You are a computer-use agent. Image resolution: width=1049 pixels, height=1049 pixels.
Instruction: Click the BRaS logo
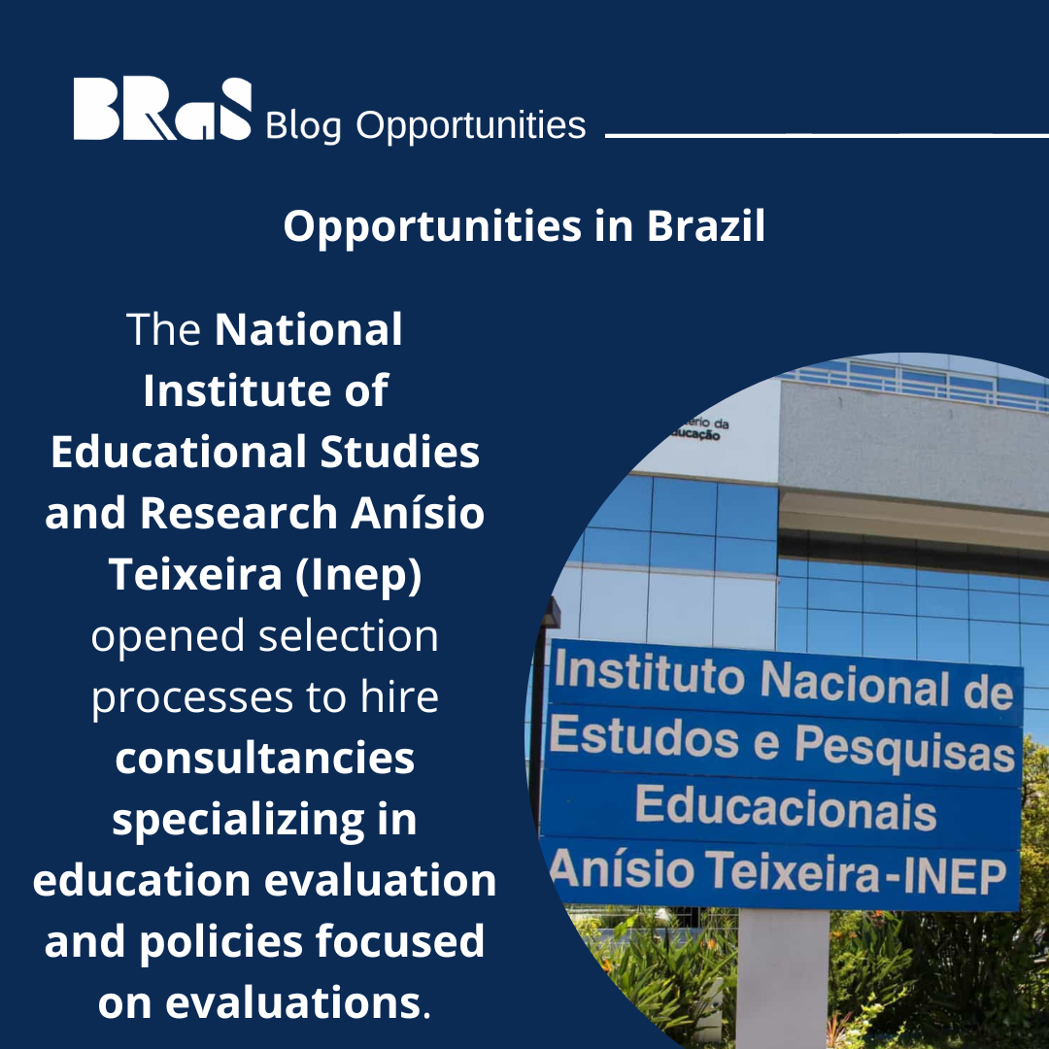pyautogui.click(x=162, y=109)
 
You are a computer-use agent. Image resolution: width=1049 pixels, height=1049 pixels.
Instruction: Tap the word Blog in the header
pyautogui.click(x=302, y=125)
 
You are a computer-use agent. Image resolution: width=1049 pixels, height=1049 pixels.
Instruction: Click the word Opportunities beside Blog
pyautogui.click(x=471, y=125)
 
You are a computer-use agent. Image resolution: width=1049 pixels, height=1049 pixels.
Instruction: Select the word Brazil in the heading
pyautogui.click(x=706, y=226)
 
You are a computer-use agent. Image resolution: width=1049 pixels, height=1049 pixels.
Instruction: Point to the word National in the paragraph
pyautogui.click(x=309, y=330)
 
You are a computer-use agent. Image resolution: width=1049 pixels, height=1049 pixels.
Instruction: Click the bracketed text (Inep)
pyautogui.click(x=365, y=575)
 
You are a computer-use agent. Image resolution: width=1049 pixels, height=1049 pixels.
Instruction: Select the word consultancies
pyautogui.click(x=265, y=759)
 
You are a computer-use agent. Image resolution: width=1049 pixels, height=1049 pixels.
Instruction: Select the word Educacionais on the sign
pyautogui.click(x=785, y=809)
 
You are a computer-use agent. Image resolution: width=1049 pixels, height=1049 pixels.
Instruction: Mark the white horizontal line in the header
pyautogui.click(x=826, y=136)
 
